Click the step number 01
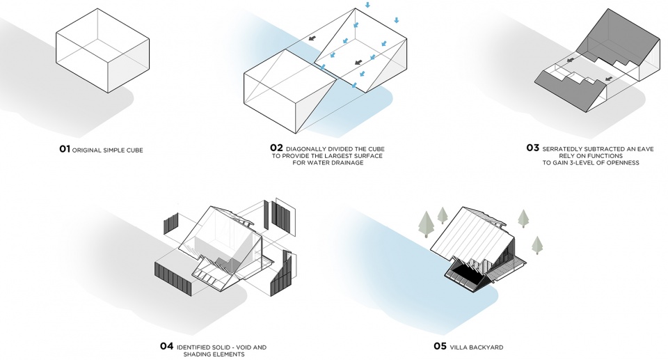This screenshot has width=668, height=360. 64,149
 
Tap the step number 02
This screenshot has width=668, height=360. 276,148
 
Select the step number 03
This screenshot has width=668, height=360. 533,148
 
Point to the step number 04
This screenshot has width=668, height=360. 166,346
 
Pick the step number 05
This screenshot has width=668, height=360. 440,346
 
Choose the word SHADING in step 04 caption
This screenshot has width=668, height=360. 197,354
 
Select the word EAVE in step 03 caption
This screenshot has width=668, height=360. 646,149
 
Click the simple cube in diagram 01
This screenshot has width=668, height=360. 103,50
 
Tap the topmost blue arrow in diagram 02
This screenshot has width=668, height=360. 367,5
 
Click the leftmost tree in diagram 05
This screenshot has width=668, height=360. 426,224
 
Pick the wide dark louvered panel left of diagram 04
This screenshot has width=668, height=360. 173,279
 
